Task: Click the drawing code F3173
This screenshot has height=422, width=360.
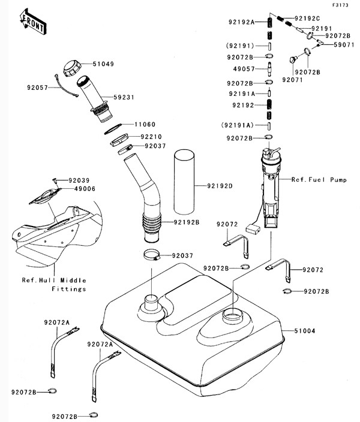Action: (x=340, y=5)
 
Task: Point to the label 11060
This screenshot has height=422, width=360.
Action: (x=143, y=125)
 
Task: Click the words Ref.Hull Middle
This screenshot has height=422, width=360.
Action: (x=54, y=280)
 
